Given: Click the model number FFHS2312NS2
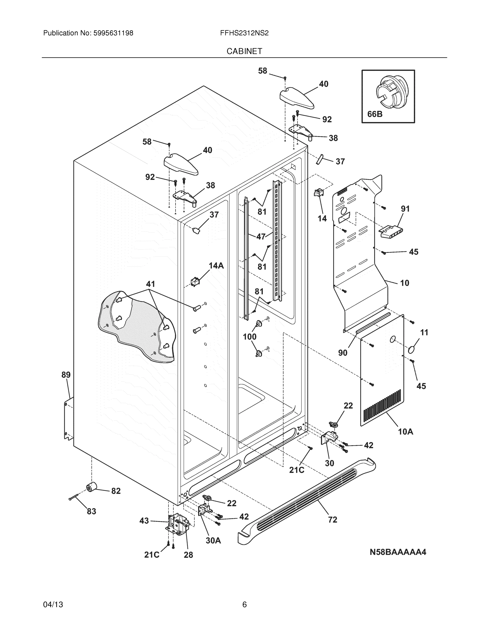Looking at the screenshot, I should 244,33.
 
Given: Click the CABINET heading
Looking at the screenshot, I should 244,51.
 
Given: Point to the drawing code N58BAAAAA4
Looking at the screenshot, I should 398,552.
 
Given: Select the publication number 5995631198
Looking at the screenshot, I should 113,33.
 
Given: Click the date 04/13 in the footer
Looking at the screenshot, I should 53,605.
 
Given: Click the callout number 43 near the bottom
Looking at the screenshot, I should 144,521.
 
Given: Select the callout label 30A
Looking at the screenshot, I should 213,541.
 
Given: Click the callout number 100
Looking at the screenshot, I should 249,337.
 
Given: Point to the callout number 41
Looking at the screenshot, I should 150,284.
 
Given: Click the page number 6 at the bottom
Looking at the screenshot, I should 244,605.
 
